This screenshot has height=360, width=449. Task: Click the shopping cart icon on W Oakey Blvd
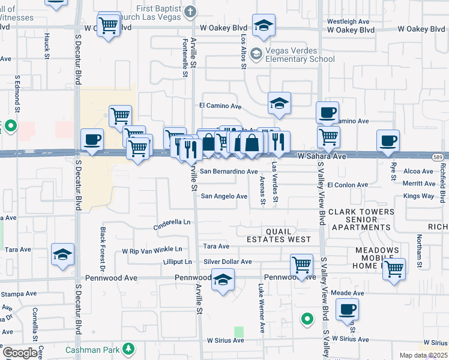tap(108, 25)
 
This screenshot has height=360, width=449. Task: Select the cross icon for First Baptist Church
tap(190, 11)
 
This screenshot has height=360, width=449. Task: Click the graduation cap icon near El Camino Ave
tap(279, 104)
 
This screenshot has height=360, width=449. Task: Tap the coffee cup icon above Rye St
tap(388, 142)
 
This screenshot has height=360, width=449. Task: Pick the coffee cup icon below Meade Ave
tap(348, 310)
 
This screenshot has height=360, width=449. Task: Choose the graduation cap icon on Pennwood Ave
tap(223, 280)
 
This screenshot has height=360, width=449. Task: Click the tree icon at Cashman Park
tap(127, 349)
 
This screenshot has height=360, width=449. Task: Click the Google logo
tap(20, 352)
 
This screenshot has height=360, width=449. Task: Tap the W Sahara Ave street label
tap(323, 156)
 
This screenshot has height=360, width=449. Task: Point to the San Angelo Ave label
tap(224, 196)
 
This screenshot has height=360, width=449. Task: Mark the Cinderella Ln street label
tap(172, 221)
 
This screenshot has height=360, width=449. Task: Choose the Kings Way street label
tap(419, 196)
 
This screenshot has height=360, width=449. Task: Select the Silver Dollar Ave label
tap(228, 262)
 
